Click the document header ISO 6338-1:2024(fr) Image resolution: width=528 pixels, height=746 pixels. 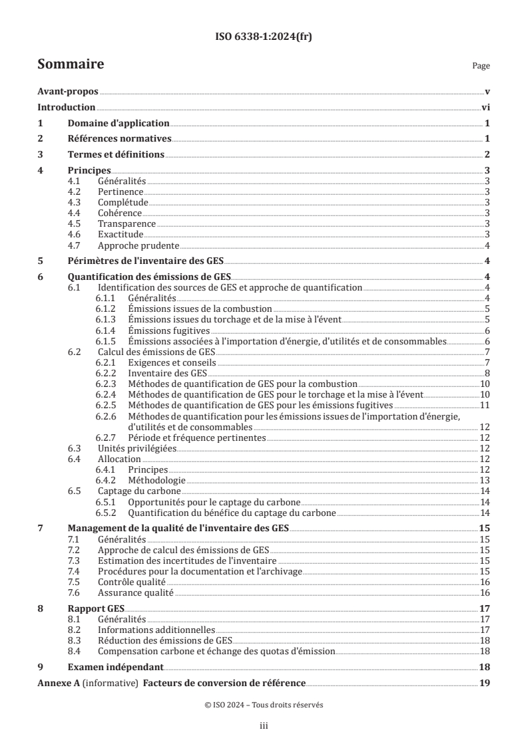264,37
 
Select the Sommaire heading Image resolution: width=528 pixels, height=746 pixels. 70,64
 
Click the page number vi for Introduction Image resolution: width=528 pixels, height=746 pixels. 485,107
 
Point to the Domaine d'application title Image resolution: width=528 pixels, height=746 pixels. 119,123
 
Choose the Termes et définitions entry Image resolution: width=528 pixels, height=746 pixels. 116,154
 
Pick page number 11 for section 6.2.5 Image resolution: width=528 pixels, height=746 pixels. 485,405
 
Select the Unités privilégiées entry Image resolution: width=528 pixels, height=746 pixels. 137,448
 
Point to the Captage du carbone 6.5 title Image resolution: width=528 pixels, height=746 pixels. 134,491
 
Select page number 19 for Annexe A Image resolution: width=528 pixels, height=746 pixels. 485,683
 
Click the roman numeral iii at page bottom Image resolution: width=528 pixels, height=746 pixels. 264,727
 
